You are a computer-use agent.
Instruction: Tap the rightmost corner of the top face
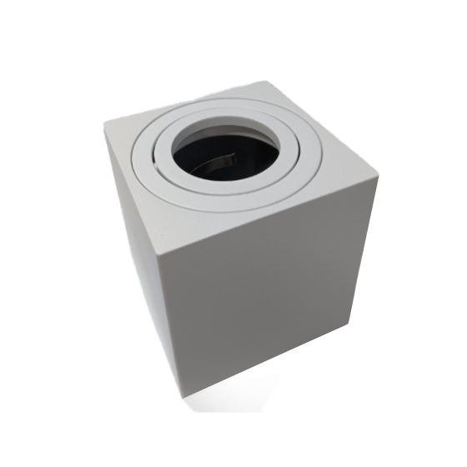(x=379, y=178)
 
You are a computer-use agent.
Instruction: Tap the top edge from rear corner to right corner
(x=324, y=128)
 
